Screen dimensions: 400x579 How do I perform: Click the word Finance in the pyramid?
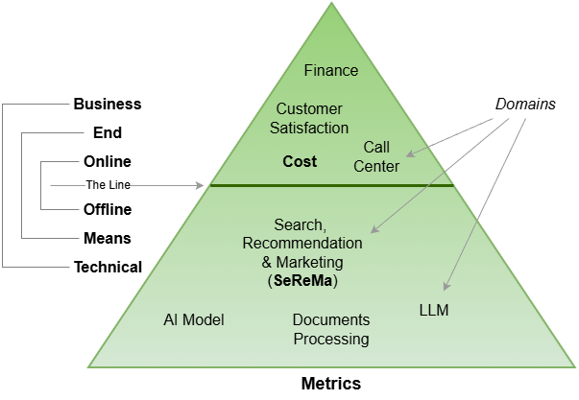[x=331, y=70]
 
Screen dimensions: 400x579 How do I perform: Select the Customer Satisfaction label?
[x=309, y=118]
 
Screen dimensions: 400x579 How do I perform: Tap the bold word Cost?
[x=300, y=161]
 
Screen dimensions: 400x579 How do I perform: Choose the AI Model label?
[x=193, y=319]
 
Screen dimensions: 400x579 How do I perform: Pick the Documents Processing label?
[x=330, y=329]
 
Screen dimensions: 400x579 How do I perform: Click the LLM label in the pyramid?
[x=434, y=311]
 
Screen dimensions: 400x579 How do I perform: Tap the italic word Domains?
[x=525, y=104]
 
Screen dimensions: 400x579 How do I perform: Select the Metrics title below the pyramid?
[x=330, y=384]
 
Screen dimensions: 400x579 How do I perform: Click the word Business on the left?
[x=108, y=104]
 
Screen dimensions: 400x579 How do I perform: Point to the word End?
[x=108, y=133]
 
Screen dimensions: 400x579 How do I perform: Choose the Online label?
[x=108, y=161]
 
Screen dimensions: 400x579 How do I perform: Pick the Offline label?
[x=108, y=209]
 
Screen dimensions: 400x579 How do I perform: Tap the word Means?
[x=108, y=238]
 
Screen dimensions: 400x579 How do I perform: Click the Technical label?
[x=108, y=267]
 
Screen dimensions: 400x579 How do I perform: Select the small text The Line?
[x=108, y=185]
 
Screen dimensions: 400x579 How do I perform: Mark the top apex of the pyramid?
[x=331, y=5]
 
